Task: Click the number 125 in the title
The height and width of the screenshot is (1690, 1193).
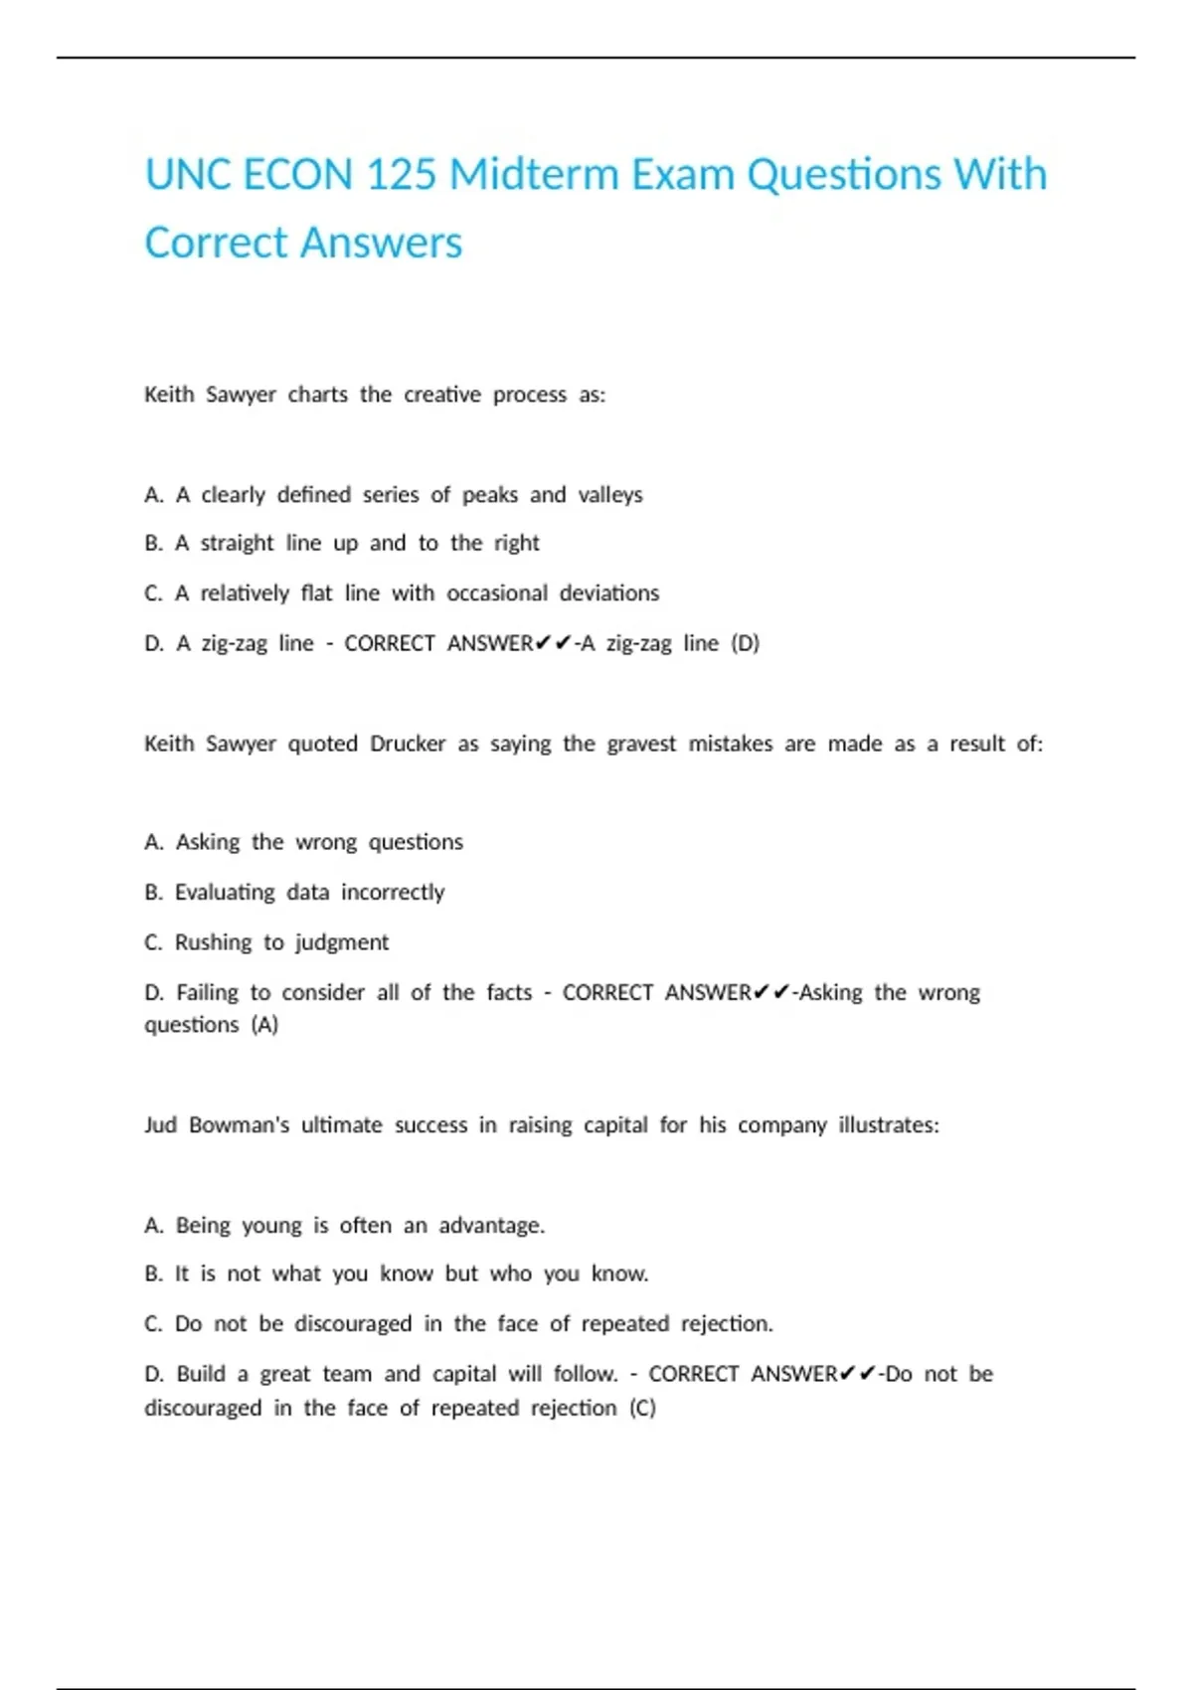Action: [402, 175]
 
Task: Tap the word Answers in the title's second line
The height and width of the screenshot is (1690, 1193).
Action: [382, 243]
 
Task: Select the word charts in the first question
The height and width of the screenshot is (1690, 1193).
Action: [318, 395]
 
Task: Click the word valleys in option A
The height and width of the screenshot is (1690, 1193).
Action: [610, 495]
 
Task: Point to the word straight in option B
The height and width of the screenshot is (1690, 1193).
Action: [237, 544]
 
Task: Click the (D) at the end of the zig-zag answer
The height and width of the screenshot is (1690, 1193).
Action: [745, 643]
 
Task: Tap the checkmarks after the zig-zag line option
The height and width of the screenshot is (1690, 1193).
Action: [553, 644]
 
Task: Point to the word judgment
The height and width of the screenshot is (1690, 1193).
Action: [342, 942]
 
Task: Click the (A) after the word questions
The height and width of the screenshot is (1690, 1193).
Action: [264, 1025]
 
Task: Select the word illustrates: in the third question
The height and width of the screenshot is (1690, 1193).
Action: [888, 1125]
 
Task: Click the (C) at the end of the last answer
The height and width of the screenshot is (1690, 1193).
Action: [642, 1408]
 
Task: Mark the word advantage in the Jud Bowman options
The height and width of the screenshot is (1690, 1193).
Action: [491, 1226]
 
